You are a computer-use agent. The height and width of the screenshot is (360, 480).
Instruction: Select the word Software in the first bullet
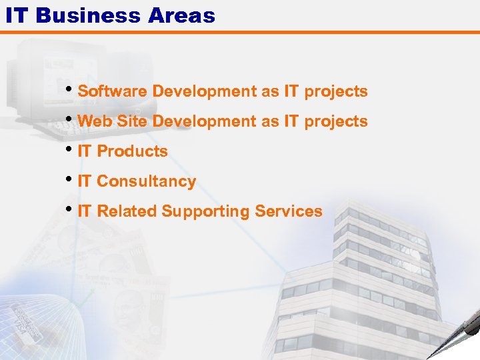[x=113, y=91]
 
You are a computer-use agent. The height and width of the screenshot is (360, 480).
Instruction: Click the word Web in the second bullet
[x=92, y=121]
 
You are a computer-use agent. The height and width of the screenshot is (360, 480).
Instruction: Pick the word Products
[x=133, y=152]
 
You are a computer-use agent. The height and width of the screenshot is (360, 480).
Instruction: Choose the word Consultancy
[x=147, y=181]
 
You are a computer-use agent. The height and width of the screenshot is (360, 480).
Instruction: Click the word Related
[x=127, y=211]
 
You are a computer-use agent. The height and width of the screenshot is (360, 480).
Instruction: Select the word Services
[x=289, y=211]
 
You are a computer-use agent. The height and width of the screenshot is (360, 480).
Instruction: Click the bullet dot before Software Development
[x=71, y=88]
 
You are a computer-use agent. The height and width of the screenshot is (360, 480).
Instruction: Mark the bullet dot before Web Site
[x=71, y=118]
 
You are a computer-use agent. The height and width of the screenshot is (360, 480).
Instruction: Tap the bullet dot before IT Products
[x=71, y=148]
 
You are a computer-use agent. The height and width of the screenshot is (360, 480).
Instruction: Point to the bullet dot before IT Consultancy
[x=71, y=178]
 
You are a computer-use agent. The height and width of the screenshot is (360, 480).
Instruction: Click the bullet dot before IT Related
[x=71, y=208]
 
